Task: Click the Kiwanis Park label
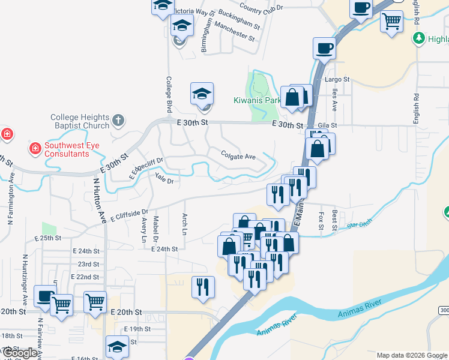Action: [x=258, y=100]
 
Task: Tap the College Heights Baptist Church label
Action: [x=80, y=121]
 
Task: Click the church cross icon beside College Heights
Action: [x=118, y=120]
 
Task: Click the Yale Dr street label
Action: [x=163, y=178]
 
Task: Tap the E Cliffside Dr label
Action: [x=129, y=216]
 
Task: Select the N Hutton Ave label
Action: [x=97, y=200]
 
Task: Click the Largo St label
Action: [x=337, y=79]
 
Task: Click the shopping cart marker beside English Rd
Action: [x=392, y=22]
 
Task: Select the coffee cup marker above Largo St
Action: [x=324, y=47]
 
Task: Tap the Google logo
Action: [x=19, y=353]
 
